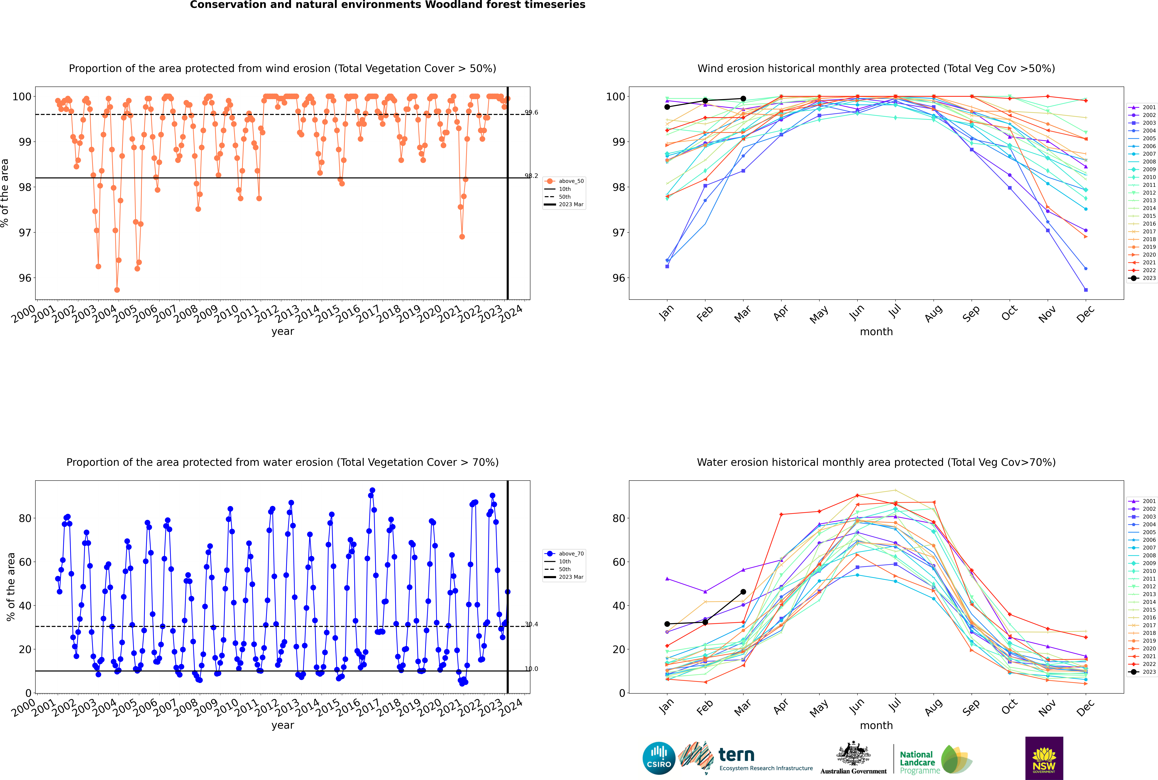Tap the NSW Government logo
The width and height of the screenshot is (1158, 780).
pyautogui.click(x=1044, y=758)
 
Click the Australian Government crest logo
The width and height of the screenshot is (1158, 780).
pyautogui.click(x=853, y=759)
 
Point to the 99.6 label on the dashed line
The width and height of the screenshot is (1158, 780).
pyautogui.click(x=531, y=112)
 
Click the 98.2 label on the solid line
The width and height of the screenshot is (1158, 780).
pyautogui.click(x=531, y=176)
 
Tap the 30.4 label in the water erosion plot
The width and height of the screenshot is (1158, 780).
pyautogui.click(x=531, y=624)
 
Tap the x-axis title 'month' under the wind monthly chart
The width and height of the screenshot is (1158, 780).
pyautogui.click(x=876, y=332)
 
